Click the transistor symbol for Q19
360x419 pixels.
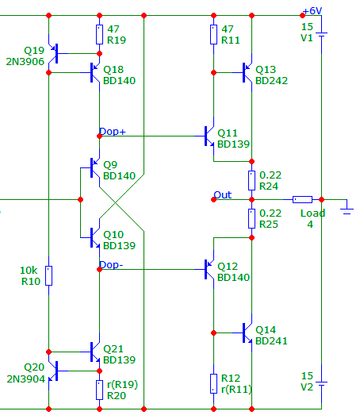coord(55,53)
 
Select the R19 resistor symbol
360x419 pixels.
coord(99,34)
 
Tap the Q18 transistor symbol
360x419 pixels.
coord(94,72)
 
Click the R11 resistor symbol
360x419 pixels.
coord(213,34)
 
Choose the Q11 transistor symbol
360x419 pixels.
coord(209,136)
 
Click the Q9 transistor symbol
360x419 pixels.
coord(94,167)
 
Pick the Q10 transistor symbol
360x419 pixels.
coord(94,237)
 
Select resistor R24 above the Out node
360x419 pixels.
coord(251,180)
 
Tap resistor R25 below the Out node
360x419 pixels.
coord(251,218)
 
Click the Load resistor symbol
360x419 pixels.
coord(302,199)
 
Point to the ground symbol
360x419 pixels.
coord(347,209)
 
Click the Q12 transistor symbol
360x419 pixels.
coord(209,269)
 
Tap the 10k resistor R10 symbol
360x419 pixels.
coord(48,276)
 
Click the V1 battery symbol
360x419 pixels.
coord(322,35)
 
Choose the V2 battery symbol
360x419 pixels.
coord(322,384)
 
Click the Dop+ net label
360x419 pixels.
coord(112,132)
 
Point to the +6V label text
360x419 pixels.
coord(312,11)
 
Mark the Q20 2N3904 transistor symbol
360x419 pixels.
coord(55,371)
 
